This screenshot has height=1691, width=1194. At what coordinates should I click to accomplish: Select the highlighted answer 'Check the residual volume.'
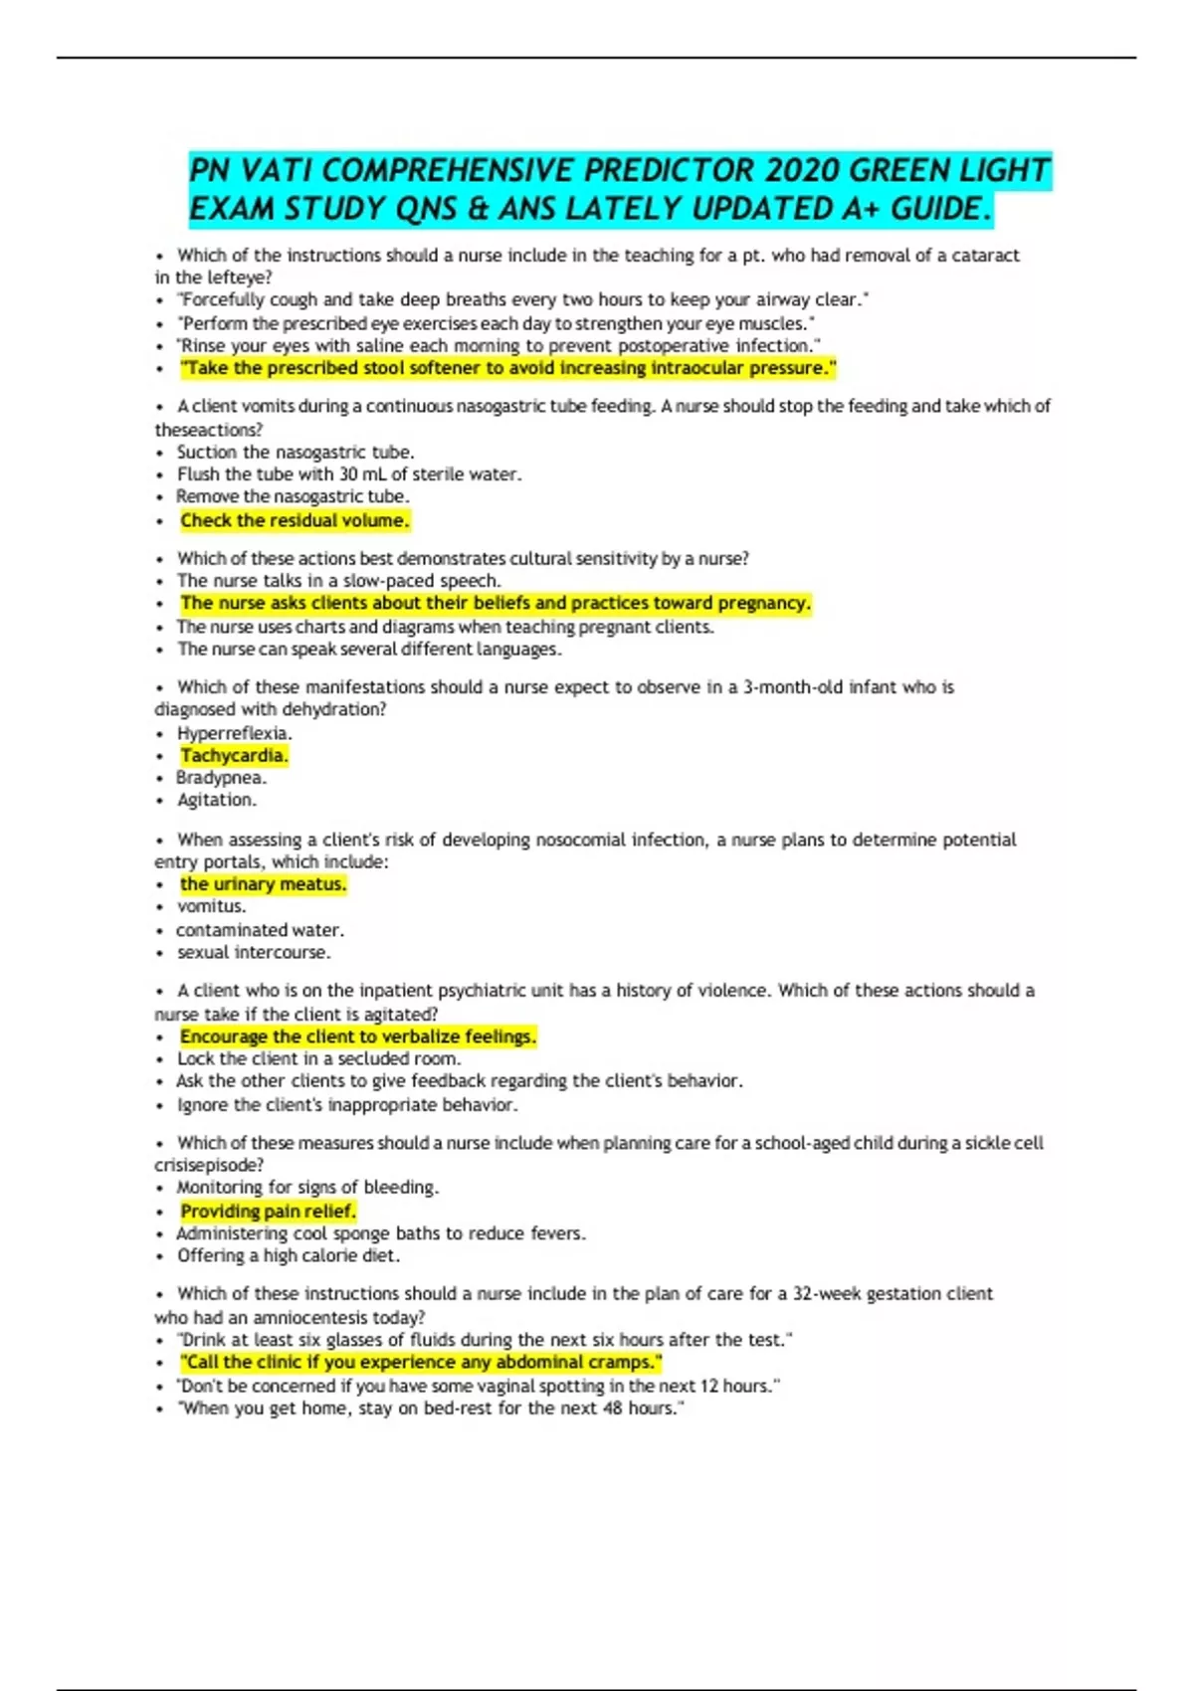(295, 520)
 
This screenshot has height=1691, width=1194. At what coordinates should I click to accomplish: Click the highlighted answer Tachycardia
(234, 756)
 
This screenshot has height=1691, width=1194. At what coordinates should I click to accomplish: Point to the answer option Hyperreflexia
(234, 734)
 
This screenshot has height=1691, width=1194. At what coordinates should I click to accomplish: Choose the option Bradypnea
(221, 778)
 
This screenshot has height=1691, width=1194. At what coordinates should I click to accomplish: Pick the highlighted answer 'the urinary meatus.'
(263, 884)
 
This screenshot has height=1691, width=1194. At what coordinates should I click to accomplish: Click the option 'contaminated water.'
(260, 930)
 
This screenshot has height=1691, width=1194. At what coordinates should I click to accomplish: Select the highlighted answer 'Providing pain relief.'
(268, 1212)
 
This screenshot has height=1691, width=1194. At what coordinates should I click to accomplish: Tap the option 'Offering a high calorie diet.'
(289, 1256)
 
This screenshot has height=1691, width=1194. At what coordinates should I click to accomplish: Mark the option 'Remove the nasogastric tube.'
(293, 496)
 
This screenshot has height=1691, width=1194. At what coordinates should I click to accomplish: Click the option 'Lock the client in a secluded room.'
(318, 1059)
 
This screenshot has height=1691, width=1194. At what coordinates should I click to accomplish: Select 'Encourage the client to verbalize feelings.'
(358, 1036)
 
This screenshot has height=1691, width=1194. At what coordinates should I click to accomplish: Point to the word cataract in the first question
(985, 256)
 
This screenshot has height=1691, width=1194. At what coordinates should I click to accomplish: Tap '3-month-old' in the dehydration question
(793, 687)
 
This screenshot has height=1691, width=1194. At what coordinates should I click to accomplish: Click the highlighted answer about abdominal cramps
(421, 1363)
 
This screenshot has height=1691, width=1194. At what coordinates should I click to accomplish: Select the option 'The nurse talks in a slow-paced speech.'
(338, 581)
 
